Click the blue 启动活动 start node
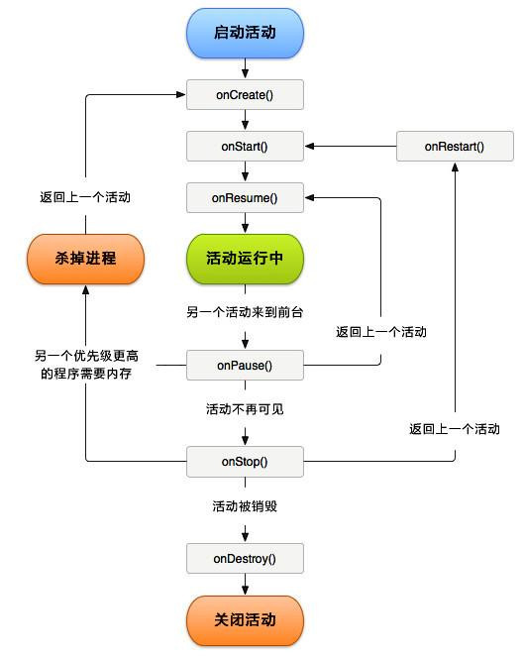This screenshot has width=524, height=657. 245,32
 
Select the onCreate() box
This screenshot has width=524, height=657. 245,95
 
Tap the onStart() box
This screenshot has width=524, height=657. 245,147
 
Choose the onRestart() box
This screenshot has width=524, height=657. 455,147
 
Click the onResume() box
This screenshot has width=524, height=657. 245,198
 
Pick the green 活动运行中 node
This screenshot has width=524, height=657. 245,258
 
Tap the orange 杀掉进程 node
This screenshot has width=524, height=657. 85,258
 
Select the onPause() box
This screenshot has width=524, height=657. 245,366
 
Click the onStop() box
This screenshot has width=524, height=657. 245,461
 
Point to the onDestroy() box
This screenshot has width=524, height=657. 245,559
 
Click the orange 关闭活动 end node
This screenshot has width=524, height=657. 245,620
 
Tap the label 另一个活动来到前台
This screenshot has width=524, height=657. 245,312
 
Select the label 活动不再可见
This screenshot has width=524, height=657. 245,408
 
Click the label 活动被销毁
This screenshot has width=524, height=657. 245,505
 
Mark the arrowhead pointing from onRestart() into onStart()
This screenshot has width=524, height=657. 309,147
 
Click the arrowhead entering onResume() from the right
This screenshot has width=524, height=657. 309,198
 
